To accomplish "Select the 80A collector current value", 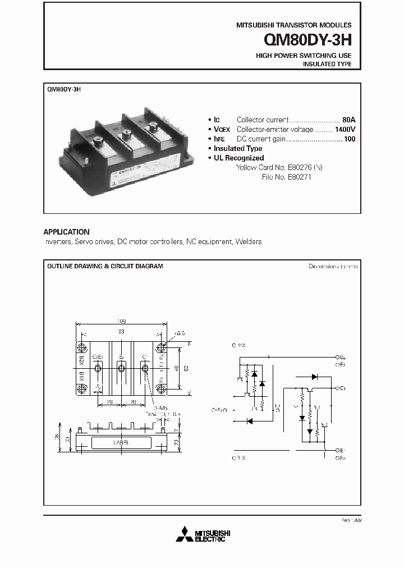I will tap(348, 120).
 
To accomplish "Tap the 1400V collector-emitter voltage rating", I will tap(345, 129).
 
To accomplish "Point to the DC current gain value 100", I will tap(349, 139).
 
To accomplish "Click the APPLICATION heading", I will tap(66, 232).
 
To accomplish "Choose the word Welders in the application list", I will tap(249, 242).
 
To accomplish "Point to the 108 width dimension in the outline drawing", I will tap(121, 322).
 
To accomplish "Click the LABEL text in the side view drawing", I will tap(121, 442).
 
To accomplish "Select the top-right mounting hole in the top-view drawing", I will tap(161, 347).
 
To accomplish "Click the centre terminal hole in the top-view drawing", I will tap(121, 368).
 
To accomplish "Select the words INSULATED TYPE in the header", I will tap(327, 64).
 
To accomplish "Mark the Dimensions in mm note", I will tap(333, 266).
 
